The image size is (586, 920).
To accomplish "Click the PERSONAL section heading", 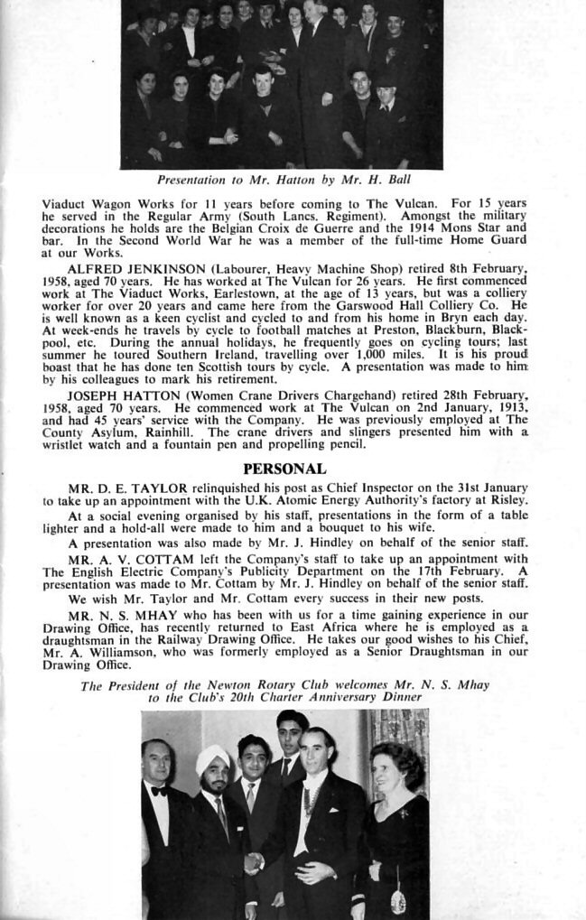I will coord(284,469).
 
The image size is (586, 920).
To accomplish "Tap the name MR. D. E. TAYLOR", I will coord(126,488).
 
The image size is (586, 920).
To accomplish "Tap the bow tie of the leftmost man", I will coord(159,791).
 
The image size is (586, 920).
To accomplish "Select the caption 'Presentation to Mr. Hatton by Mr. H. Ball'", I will coord(284,180).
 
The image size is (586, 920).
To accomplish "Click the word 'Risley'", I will coord(508,500).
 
